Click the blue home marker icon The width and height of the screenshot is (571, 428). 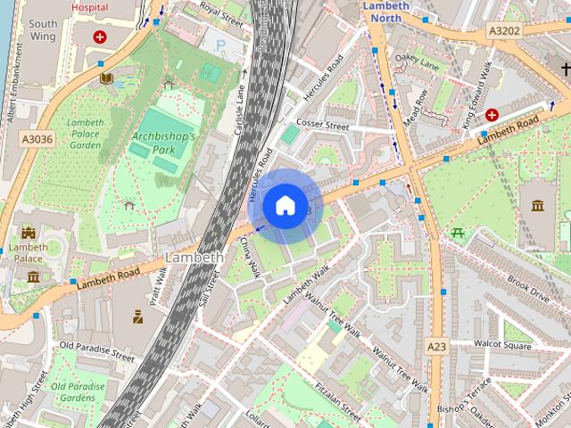click(x=284, y=205)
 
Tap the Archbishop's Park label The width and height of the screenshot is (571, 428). click(x=163, y=143)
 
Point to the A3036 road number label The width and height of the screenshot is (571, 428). click(x=37, y=138)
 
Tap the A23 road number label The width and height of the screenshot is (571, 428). click(x=436, y=346)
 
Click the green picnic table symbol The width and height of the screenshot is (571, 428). click(x=459, y=234)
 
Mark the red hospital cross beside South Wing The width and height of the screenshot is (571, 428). click(x=100, y=37)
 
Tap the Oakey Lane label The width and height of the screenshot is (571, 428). click(x=418, y=62)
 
